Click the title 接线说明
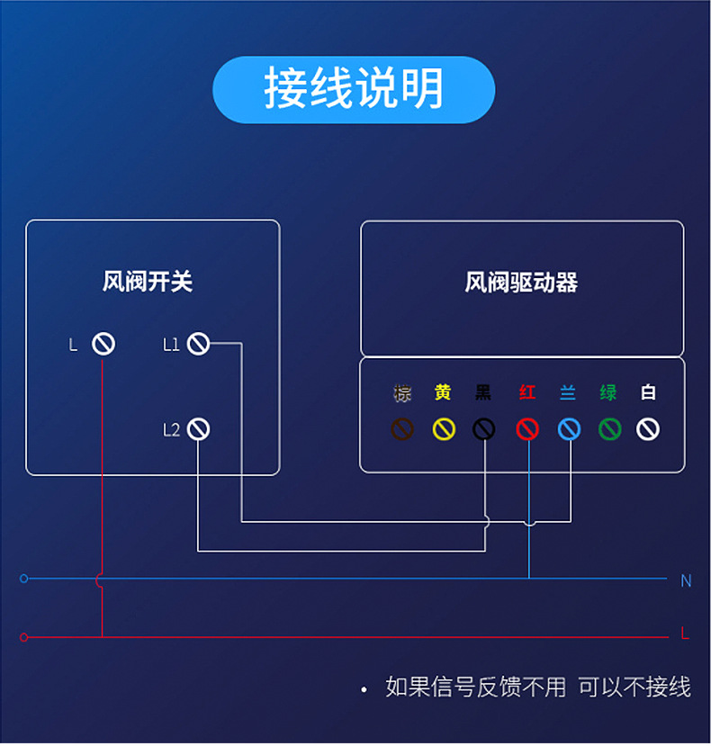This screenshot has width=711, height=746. [354, 89]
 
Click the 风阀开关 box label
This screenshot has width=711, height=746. [148, 282]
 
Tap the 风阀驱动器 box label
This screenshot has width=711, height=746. [521, 283]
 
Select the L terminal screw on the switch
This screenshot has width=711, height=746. [103, 344]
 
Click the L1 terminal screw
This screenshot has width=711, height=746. [198, 344]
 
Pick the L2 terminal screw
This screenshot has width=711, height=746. [198, 429]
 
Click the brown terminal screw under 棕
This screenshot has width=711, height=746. [402, 429]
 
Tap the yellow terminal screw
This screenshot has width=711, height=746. [444, 429]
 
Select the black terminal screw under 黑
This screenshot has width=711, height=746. [484, 429]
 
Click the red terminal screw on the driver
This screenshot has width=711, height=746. [527, 429]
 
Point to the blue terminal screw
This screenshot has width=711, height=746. [569, 429]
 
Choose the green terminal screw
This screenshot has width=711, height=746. [609, 429]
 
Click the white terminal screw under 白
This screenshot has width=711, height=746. [648, 429]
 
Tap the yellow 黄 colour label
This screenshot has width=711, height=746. [443, 393]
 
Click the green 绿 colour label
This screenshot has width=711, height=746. [608, 393]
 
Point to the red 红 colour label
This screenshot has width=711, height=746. [527, 393]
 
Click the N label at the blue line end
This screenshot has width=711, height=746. [686, 581]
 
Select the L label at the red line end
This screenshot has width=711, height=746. [685, 634]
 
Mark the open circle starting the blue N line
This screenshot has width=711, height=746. [24, 579]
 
